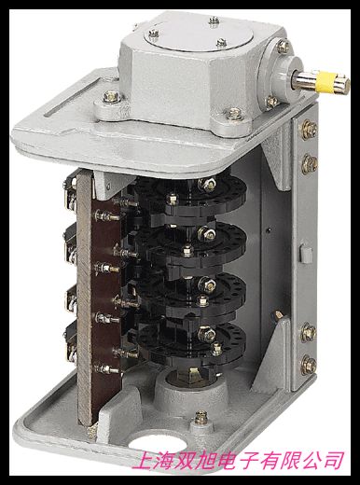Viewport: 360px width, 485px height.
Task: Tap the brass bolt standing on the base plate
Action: pos(201,418)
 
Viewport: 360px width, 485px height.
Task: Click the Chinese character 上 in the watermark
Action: pos(143,460)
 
